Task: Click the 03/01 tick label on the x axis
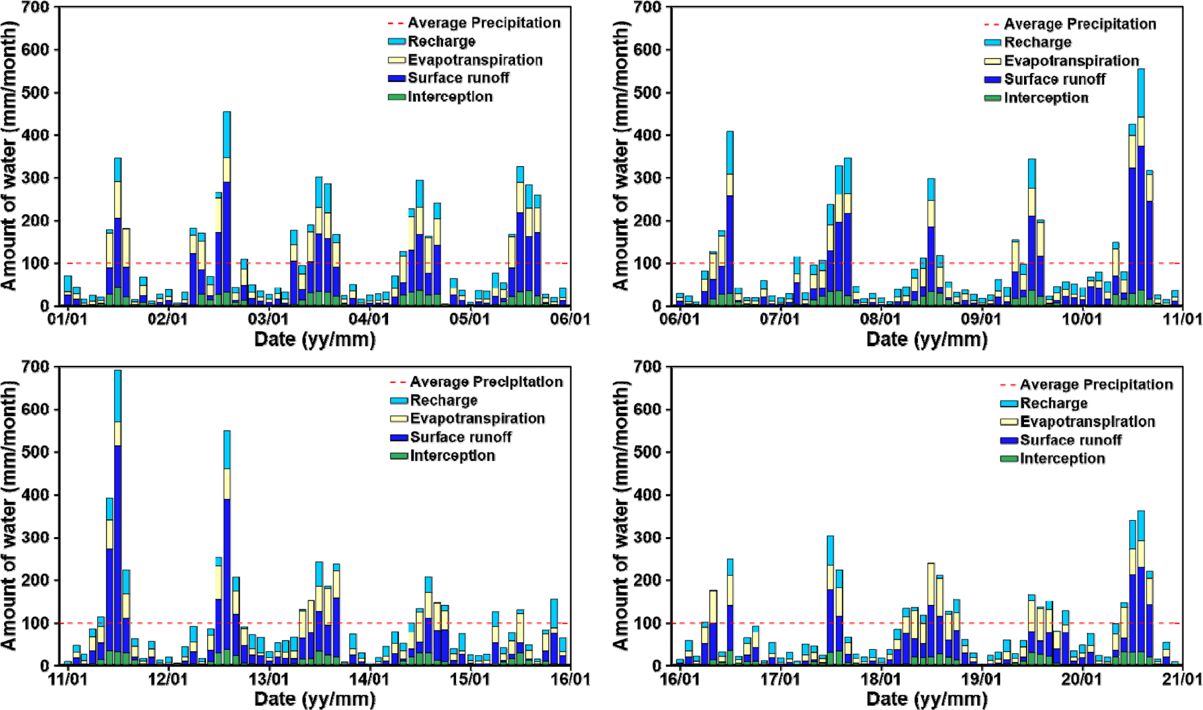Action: (268, 318)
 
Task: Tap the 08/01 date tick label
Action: (880, 318)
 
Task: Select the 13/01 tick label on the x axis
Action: (268, 678)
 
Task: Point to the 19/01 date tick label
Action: (981, 678)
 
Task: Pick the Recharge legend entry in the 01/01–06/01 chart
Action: (441, 42)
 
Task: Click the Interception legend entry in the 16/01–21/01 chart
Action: (1062, 458)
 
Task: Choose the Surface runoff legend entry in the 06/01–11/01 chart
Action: (1054, 79)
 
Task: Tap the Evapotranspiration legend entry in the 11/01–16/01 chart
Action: (477, 418)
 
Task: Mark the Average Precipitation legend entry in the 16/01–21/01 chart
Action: (1096, 385)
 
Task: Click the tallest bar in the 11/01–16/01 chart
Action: (117, 517)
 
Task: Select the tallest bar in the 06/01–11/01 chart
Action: (1141, 187)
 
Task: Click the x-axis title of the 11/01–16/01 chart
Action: (315, 699)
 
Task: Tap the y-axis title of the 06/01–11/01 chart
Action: (621, 156)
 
